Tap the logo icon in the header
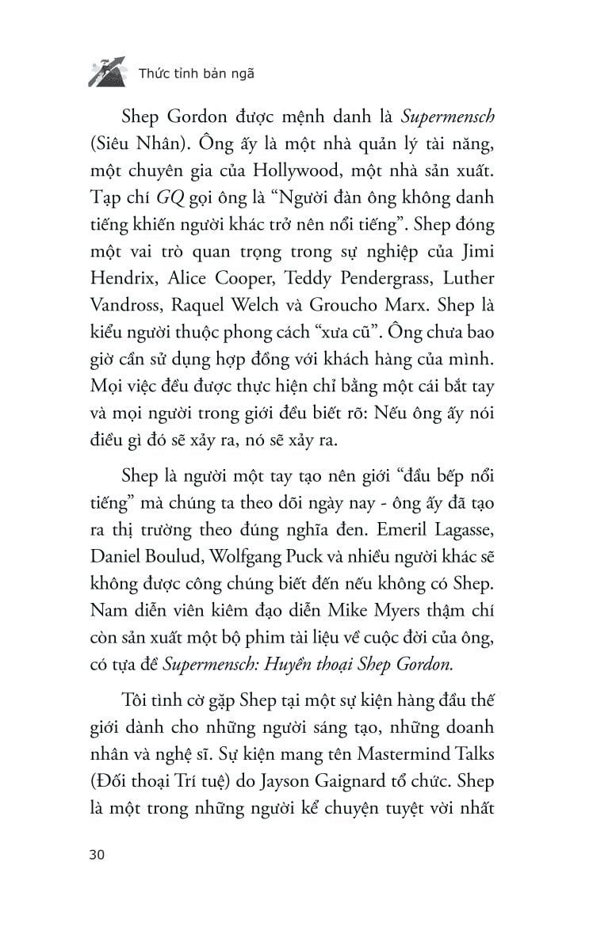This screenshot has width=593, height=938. tap(105, 71)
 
